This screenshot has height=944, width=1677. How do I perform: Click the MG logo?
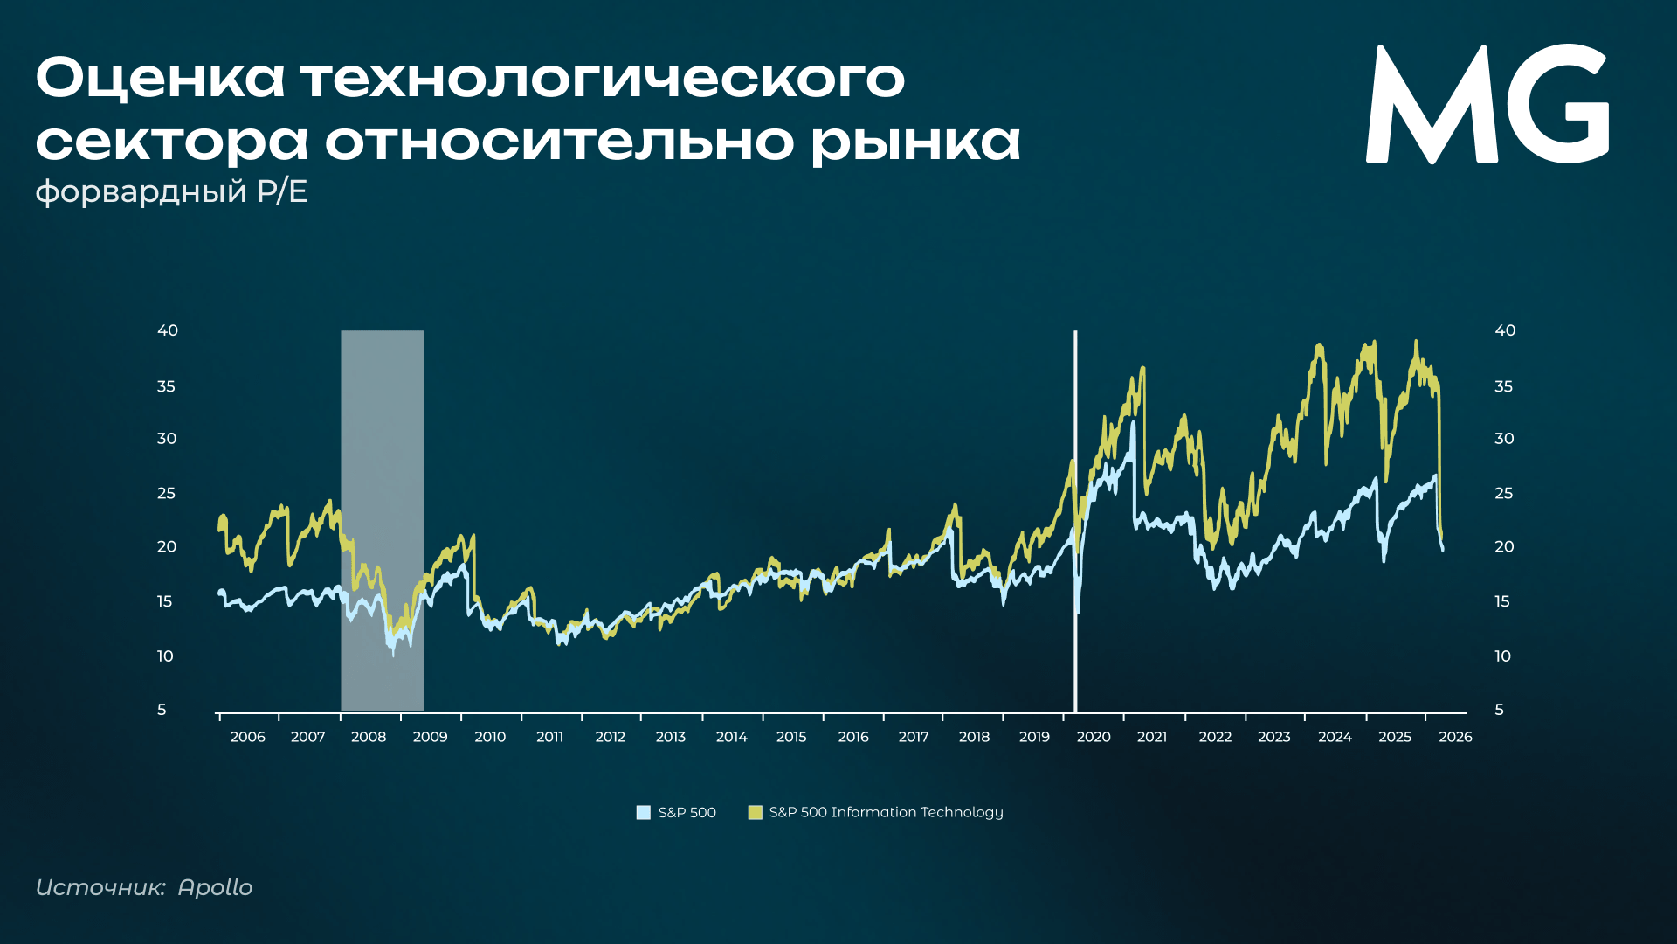pos(1487,103)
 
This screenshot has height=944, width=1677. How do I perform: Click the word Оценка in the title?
pos(161,78)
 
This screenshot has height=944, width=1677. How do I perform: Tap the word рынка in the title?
pos(916,142)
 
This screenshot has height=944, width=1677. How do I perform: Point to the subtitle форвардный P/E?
pos(171,191)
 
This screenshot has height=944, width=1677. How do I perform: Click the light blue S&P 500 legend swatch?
pos(644,812)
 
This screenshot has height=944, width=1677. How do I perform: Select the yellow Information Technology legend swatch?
pos(756,812)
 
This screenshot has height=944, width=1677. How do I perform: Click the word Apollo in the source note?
pos(215,888)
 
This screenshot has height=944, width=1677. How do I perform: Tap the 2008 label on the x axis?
pos(369,737)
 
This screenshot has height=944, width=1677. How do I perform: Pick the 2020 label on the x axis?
pos(1094,737)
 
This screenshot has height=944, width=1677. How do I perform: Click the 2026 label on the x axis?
pos(1455,737)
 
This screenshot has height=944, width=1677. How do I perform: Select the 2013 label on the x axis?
pos(671,737)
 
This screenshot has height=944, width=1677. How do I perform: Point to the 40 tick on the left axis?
pos(168,330)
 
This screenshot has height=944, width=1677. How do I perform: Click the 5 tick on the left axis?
pos(162,710)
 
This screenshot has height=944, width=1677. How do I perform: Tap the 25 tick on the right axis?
pos(1503,494)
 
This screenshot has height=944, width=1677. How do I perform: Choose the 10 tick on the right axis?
pos(1502,656)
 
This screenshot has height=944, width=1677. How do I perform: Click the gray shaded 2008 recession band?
pos(383,521)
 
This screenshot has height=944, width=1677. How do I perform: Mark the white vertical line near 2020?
pos(1075,521)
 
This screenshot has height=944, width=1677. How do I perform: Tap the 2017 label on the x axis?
pos(914,737)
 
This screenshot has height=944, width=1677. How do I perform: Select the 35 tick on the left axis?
pos(166,386)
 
